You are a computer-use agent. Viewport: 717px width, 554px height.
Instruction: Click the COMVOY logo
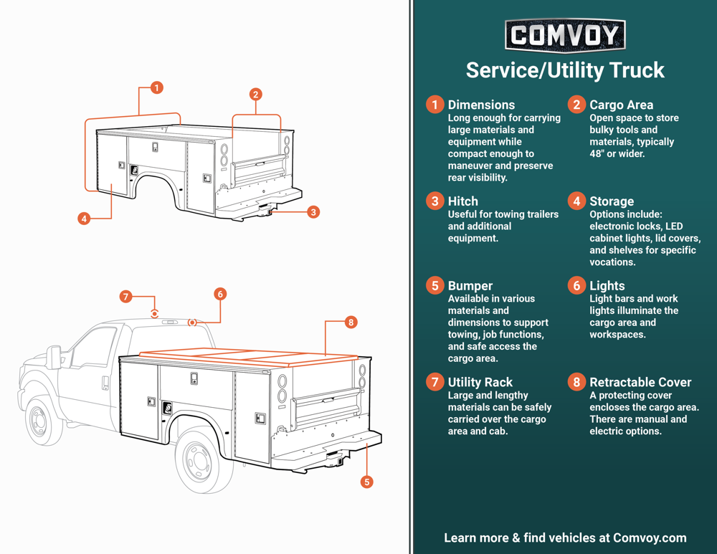[565, 35]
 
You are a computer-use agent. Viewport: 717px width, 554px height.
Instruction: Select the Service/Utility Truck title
[565, 70]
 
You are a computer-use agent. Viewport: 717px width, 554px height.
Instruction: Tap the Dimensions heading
[481, 105]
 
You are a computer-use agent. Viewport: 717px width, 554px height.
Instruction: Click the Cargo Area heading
[621, 105]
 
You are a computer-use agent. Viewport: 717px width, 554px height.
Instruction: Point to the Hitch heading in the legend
[462, 201]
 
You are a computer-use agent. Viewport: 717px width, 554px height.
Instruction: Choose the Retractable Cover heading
[640, 382]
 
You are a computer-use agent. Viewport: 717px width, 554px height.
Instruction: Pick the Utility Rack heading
[480, 382]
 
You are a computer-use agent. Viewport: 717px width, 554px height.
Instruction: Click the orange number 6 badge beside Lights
[576, 286]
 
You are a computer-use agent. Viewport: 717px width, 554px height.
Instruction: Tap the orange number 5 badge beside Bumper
[435, 286]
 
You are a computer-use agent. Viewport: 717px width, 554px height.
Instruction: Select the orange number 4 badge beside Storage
[576, 201]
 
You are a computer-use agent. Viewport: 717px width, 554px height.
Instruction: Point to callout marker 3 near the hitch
[313, 212]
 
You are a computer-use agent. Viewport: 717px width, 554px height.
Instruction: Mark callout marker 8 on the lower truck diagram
[351, 323]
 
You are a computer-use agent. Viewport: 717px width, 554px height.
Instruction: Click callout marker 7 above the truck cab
[125, 297]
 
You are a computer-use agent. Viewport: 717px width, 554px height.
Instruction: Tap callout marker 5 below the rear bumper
[366, 482]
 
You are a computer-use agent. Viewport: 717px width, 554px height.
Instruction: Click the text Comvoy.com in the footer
[650, 538]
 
